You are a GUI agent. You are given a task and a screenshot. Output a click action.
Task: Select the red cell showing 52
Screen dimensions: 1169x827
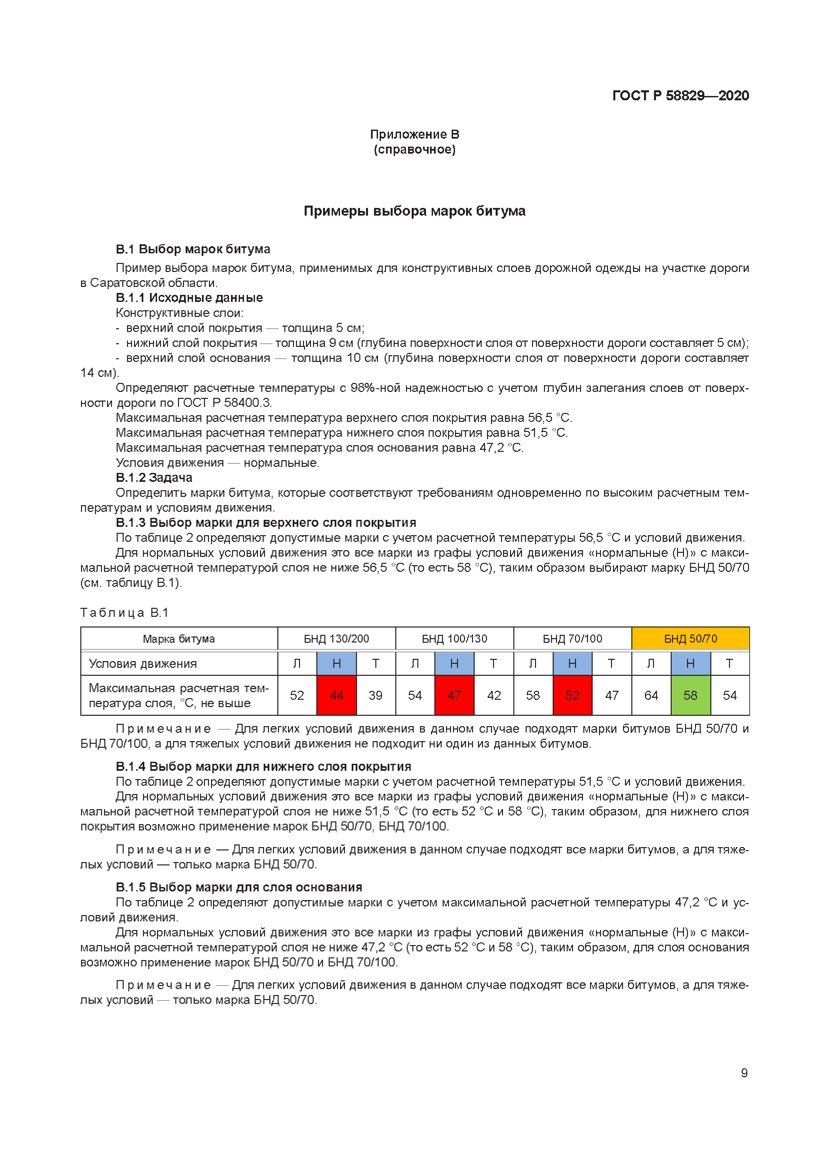[x=572, y=695]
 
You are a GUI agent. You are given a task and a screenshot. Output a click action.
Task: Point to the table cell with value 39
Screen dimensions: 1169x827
[x=375, y=695]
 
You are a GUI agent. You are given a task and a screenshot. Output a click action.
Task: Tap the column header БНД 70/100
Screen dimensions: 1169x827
[x=572, y=638]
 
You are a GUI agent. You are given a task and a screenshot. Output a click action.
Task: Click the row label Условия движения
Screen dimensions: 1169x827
[x=143, y=663]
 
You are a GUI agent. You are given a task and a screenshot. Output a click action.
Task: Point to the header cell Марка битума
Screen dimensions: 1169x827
[x=178, y=638]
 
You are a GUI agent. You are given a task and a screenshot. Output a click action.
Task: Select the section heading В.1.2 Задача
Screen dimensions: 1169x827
[x=154, y=478]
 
